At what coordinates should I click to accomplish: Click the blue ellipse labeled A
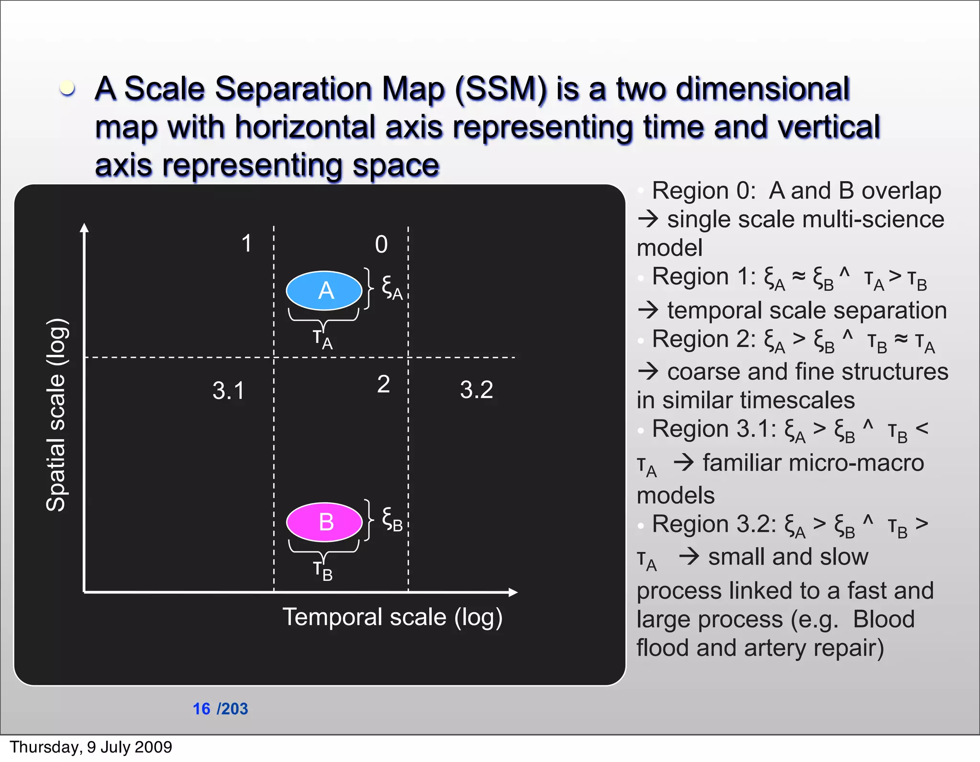pos(324,290)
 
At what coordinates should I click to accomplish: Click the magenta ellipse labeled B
pos(324,522)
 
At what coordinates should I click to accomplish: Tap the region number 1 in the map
pos(246,243)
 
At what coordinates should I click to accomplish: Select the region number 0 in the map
pos(381,244)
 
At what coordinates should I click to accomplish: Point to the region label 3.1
pos(228,390)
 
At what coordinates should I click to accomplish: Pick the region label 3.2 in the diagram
pos(476,389)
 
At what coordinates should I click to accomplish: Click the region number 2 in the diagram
pos(383,384)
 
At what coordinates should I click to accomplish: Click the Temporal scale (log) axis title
pos(392,617)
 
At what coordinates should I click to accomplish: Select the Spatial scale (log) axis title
pos(56,414)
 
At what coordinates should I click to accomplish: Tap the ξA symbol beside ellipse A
pos(392,287)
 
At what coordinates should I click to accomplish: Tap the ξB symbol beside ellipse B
pos(392,519)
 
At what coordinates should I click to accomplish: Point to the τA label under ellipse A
pos(323,339)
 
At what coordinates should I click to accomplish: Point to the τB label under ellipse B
pos(323,570)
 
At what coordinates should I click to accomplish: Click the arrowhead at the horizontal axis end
pos(513,592)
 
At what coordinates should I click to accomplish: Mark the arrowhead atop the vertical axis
pos(85,228)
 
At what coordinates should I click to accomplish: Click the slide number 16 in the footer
pos(201,708)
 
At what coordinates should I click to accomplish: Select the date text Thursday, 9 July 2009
pos(91,747)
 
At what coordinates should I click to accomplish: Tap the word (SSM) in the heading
pos(501,89)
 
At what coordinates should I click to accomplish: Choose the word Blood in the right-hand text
pos(883,619)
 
